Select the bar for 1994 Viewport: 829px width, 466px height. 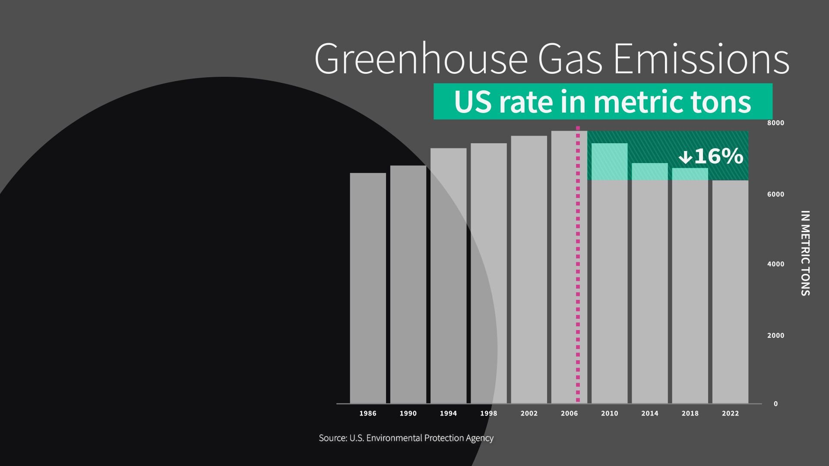(448, 276)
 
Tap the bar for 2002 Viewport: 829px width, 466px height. (529, 270)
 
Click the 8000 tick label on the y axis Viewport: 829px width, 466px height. (775, 123)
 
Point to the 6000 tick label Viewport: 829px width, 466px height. (775, 195)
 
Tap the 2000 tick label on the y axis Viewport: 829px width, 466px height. (775, 336)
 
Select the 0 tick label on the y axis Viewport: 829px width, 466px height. (775, 404)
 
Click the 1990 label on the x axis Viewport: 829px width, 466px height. (408, 413)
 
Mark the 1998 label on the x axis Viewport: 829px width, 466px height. (488, 413)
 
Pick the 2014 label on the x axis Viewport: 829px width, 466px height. (649, 413)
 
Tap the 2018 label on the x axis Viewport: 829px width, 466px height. (690, 413)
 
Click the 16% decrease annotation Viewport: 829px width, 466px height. (718, 156)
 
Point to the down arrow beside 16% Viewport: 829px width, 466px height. (685, 157)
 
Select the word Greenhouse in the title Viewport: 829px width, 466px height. (421, 59)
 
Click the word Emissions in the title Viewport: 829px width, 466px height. (701, 59)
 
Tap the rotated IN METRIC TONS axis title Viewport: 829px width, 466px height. (805, 253)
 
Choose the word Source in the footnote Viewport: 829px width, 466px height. (332, 438)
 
